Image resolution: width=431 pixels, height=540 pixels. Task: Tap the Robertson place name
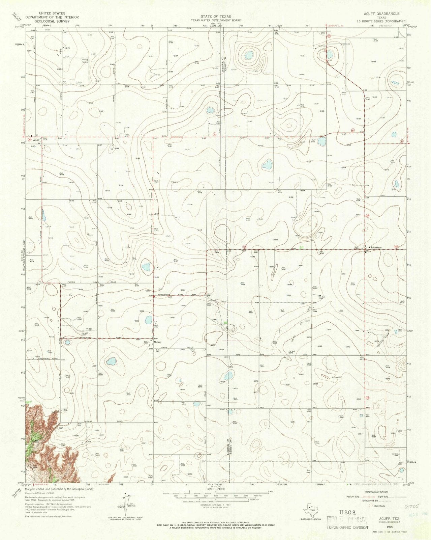pos(376,247)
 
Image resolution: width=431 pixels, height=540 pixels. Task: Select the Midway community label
pos(158,342)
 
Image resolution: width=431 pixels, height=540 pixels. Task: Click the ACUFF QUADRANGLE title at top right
pos(381,14)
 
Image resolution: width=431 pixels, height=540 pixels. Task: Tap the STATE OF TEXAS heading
pos(216,16)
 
